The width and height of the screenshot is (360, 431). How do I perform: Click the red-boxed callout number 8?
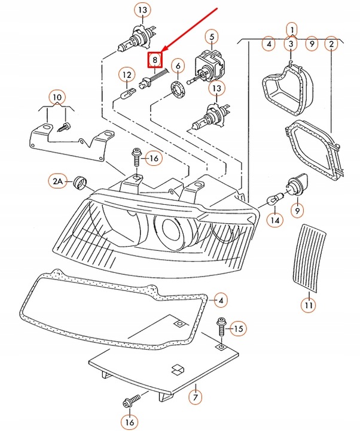click(155, 60)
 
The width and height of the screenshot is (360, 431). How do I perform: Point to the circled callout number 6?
click(177, 65)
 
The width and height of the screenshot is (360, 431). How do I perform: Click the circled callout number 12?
click(126, 75)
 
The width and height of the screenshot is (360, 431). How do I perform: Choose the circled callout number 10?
click(56, 97)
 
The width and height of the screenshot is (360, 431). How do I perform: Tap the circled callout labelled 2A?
click(57, 180)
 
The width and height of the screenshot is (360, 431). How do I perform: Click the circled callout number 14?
click(274, 220)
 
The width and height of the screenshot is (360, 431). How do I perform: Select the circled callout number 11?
click(308, 306)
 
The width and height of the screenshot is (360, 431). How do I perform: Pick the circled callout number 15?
click(238, 328)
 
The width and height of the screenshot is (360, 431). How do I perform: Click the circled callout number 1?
click(291, 28)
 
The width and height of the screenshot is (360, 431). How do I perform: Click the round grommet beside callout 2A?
click(78, 183)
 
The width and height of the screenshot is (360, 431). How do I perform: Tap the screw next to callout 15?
click(221, 327)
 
